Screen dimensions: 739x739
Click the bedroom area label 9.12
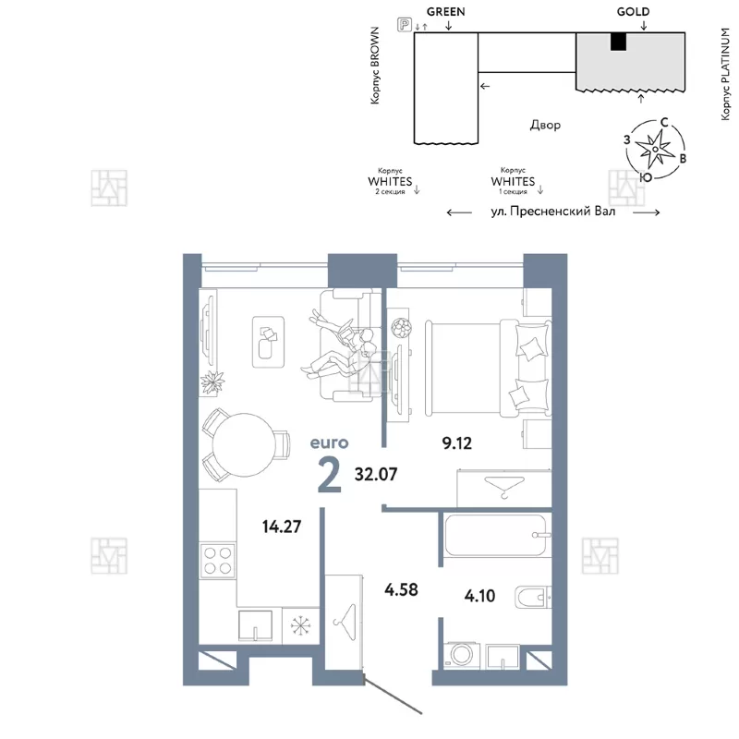tap(456, 443)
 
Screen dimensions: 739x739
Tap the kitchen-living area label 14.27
tap(282, 527)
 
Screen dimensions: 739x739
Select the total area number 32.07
tap(376, 474)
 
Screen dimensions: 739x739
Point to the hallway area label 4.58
tap(401, 589)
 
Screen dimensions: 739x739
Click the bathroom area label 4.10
tap(479, 596)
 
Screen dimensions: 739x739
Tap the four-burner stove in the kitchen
tap(217, 561)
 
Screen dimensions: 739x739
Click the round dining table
tap(244, 445)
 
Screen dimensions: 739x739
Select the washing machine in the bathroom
tap(462, 654)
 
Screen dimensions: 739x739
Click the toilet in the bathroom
tap(534, 598)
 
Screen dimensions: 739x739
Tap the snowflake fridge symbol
tap(300, 625)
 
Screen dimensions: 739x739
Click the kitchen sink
tap(255, 626)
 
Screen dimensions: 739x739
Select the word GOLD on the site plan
tap(633, 12)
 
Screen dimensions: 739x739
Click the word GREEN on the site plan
tap(446, 12)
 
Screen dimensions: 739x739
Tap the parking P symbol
tap(405, 24)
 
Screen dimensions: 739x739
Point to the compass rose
tap(655, 150)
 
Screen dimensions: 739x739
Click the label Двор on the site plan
tap(545, 125)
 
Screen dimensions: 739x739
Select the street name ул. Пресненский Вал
tap(552, 212)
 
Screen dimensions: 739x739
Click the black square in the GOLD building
tap(618, 42)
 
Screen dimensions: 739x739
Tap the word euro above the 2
tap(329, 443)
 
